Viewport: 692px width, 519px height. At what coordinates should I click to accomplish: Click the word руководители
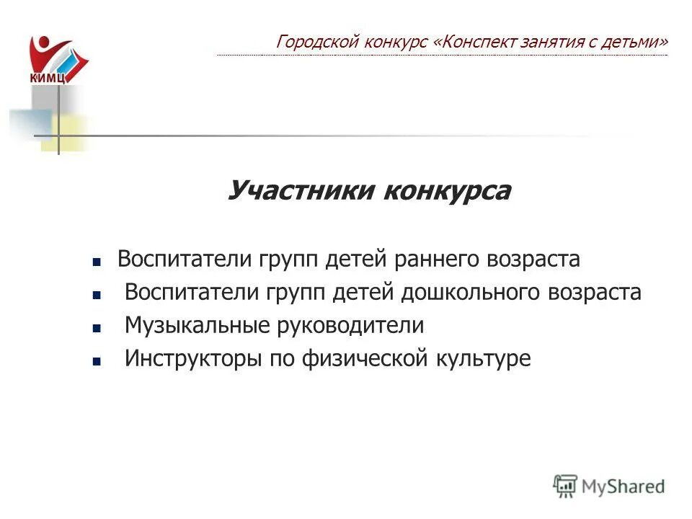350,326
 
